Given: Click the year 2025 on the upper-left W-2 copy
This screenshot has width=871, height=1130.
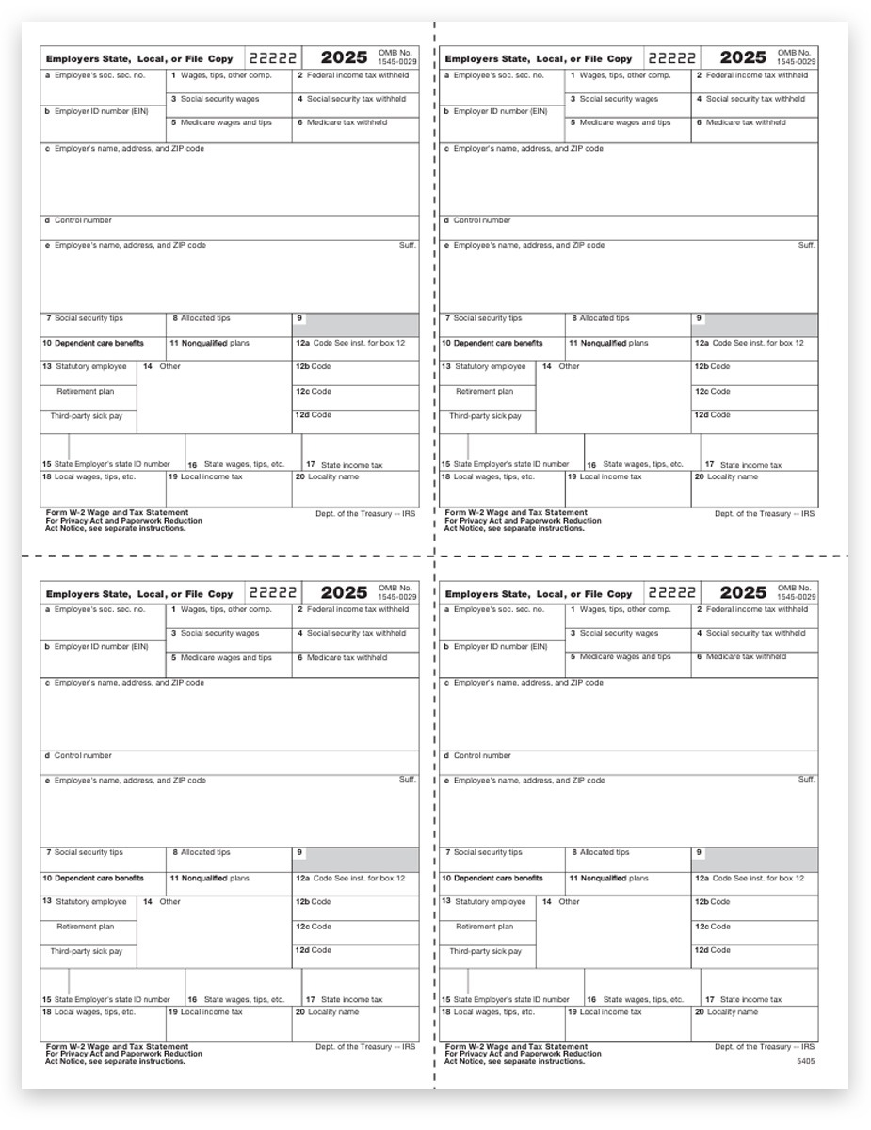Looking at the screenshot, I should pyautogui.click(x=344, y=58).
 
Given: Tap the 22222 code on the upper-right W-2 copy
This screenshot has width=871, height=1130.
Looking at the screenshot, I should pyautogui.click(x=671, y=58).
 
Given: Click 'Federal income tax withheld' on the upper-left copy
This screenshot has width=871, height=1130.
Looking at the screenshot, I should pyautogui.click(x=351, y=74).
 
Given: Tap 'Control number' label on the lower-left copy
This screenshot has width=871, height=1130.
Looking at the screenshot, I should pyautogui.click(x=82, y=755).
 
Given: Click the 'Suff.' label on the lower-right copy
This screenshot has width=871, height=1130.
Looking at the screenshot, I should pyautogui.click(x=806, y=779).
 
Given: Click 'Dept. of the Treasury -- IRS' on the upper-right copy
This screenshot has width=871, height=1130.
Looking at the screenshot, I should pyautogui.click(x=764, y=513).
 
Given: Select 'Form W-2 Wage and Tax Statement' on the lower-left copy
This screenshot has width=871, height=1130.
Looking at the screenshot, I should pyautogui.click(x=116, y=1046).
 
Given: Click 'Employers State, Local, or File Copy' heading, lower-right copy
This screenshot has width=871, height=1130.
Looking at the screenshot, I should pyautogui.click(x=538, y=594).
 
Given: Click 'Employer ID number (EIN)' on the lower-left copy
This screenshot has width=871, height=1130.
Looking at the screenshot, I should pyautogui.click(x=97, y=647).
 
